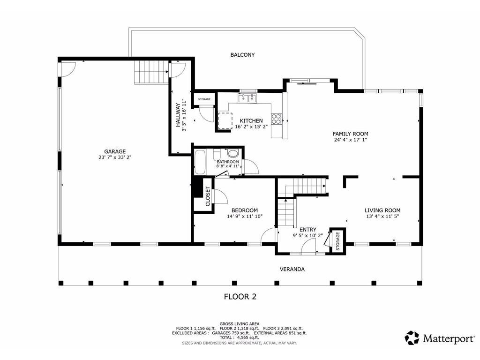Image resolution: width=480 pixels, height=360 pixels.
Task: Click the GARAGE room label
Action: tap(115, 151)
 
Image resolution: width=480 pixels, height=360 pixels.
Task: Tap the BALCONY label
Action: tap(242, 55)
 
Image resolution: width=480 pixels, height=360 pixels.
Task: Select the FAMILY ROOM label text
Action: tap(350, 134)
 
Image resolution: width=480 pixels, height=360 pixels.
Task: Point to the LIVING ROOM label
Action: tap(382, 210)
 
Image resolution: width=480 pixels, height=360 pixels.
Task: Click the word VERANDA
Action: tap(292, 269)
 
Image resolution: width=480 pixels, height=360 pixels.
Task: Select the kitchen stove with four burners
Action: tap(277, 119)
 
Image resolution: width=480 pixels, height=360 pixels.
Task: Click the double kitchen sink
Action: tap(247, 98)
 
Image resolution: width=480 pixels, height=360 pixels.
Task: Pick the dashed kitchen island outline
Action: tap(225, 120)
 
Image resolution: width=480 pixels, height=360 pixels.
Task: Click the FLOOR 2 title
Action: tap(240, 296)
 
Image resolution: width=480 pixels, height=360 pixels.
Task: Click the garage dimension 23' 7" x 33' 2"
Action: tap(115, 157)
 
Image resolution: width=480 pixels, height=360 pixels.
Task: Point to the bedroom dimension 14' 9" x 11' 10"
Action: tap(244, 217)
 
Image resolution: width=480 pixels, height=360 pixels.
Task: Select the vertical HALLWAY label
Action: tap(178, 115)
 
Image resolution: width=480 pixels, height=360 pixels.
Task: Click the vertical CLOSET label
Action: tap(208, 196)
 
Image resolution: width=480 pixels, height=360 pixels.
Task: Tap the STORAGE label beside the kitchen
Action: tap(204, 99)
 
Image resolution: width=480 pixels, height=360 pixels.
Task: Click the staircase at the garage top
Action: tap(151, 73)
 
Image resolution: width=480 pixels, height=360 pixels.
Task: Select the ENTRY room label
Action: tap(307, 229)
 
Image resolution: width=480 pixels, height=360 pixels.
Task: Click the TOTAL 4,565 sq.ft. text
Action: tap(240, 337)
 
